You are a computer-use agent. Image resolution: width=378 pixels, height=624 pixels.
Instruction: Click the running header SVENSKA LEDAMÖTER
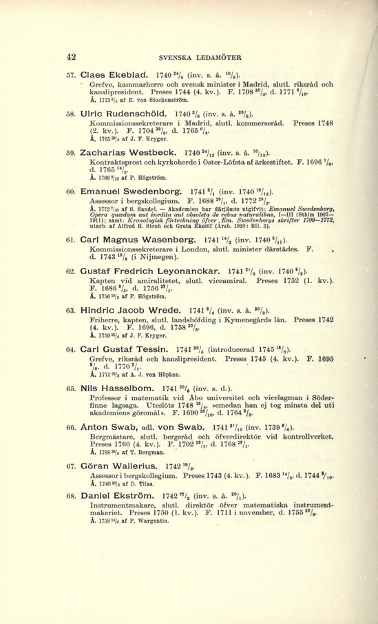[192, 58]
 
